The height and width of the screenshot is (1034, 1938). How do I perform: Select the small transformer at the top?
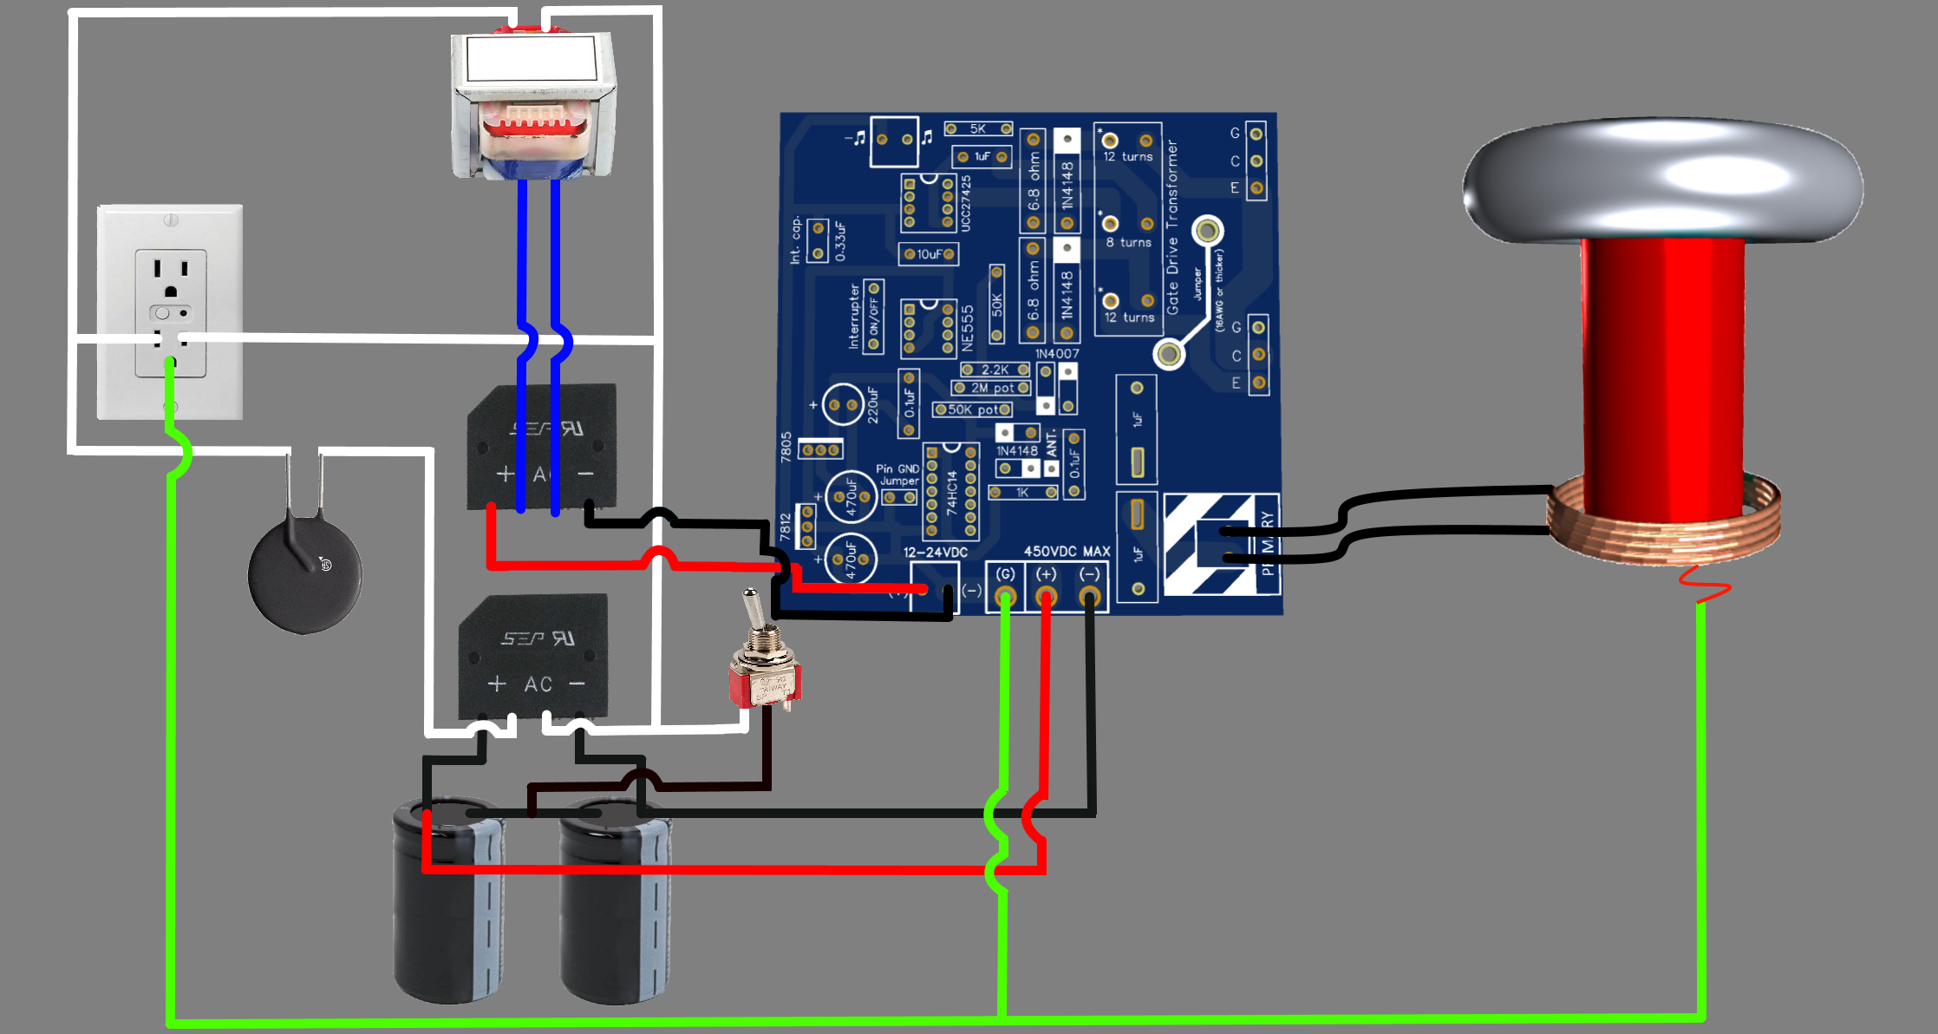(533, 104)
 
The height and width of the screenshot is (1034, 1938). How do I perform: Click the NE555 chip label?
(968, 327)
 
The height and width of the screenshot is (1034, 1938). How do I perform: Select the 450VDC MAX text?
(1067, 551)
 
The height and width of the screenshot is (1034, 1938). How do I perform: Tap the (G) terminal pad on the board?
(1005, 596)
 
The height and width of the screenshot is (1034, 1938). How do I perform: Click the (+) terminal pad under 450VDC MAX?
(1047, 596)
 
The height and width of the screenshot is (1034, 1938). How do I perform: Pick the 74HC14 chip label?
(951, 493)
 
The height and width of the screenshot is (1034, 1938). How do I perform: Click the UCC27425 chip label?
(965, 203)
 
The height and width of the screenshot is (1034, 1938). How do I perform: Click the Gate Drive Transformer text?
(1172, 227)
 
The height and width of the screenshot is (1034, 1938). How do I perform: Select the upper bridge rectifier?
(542, 447)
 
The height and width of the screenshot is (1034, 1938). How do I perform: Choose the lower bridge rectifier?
(534, 657)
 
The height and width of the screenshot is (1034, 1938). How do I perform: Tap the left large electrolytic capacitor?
(448, 902)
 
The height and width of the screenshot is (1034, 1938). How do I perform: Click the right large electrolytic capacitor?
(615, 902)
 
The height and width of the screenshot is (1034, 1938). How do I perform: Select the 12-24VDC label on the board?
(935, 552)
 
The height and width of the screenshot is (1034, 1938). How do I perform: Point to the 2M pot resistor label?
(992, 388)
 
